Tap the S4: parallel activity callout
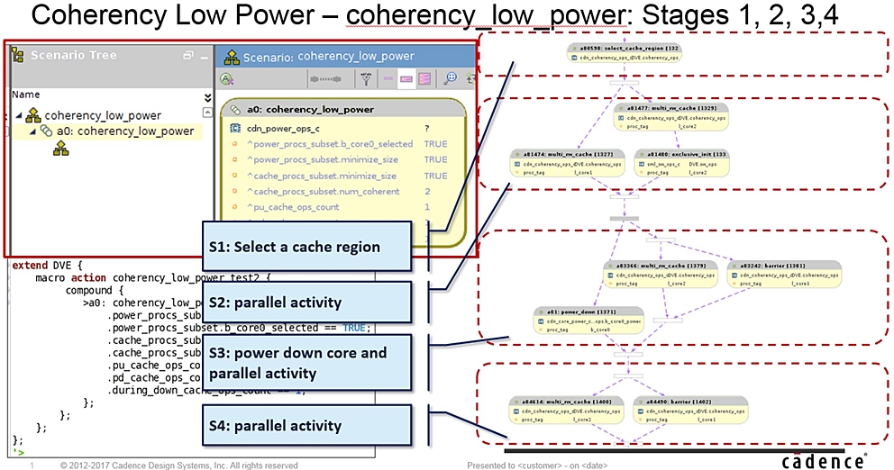coord(293,425)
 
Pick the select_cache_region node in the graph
coord(625,52)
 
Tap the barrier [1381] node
coord(783,272)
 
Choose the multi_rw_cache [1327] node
coord(566,159)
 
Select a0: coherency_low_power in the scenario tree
coord(124,131)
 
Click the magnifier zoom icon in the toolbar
coord(452,78)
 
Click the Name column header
coord(25,94)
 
